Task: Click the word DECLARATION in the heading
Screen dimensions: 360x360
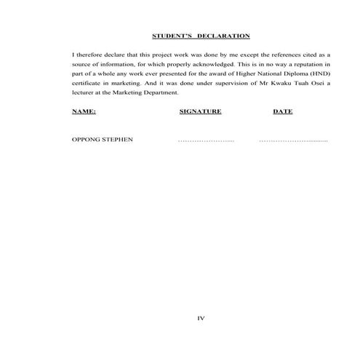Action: [225, 36]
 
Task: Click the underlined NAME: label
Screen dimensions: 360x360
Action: [84, 112]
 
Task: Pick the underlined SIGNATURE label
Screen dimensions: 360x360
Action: [200, 112]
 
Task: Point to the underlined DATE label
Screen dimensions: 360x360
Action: [282, 112]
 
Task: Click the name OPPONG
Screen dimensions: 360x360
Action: [87, 139]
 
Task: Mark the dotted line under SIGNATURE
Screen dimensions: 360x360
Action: [206, 140]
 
